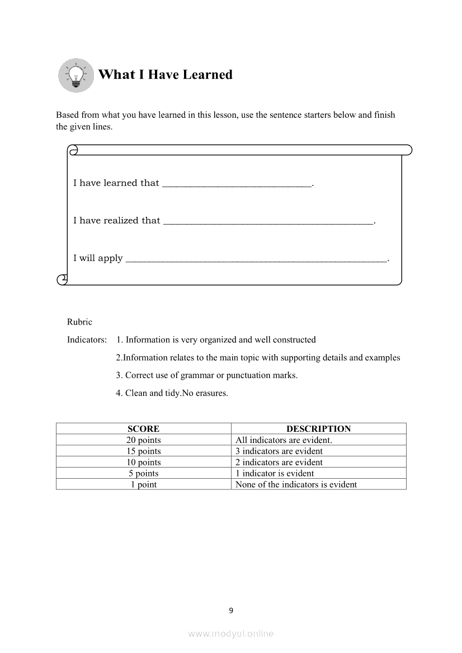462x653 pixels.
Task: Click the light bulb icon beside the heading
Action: tap(76, 75)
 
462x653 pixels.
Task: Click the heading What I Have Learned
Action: tap(165, 75)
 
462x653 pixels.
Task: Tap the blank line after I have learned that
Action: tap(237, 184)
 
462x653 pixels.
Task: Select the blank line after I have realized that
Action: tap(268, 222)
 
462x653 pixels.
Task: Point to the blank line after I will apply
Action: tap(256, 259)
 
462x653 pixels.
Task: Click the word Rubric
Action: tap(79, 322)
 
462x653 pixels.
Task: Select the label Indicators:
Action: tap(87, 340)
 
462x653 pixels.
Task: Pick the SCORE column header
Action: tap(143, 429)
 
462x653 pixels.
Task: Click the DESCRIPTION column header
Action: tap(318, 429)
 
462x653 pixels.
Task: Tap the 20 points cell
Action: tap(143, 440)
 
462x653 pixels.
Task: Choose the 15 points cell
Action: tap(143, 451)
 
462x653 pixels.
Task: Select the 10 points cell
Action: tap(143, 463)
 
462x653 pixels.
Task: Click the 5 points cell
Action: tap(143, 474)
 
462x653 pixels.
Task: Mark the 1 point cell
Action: tap(143, 485)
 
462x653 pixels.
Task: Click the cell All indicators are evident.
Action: tap(284, 440)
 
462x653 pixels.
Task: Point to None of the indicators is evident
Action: tap(296, 485)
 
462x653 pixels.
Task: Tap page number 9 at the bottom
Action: tap(231, 611)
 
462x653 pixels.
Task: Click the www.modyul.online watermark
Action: tap(231, 634)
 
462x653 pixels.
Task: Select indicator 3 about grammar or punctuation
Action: tap(207, 375)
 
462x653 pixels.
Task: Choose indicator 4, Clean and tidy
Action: tap(172, 393)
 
